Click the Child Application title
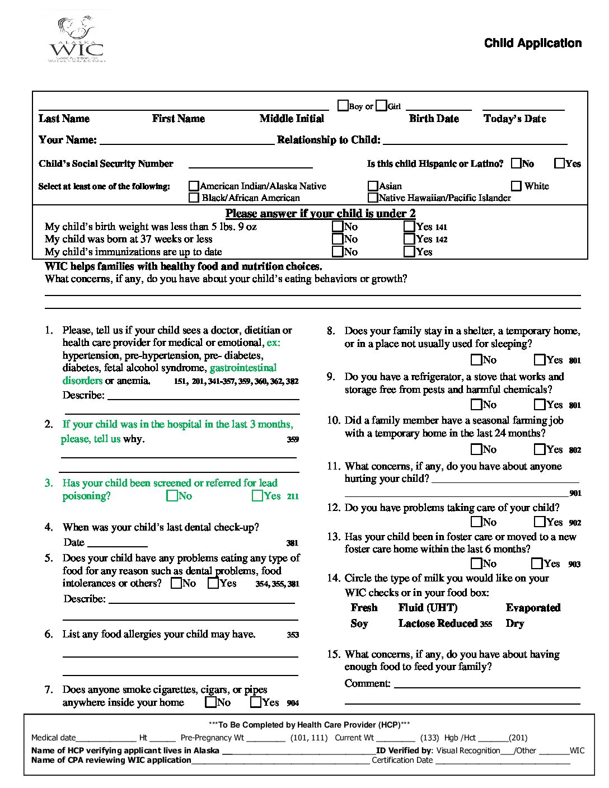[x=532, y=44]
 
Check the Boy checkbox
[x=343, y=105]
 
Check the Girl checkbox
[x=381, y=105]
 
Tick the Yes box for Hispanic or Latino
[x=559, y=163]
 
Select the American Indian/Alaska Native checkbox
[x=194, y=186]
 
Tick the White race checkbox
[x=516, y=186]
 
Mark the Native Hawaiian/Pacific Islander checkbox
[x=373, y=198]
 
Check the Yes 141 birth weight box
[x=409, y=227]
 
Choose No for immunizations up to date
[x=338, y=252]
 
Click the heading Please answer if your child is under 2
[x=320, y=213]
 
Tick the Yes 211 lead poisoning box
[x=257, y=496]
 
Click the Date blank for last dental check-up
[x=118, y=543]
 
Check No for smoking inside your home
[x=211, y=702]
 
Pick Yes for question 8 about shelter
[x=540, y=360]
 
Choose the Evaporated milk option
[x=533, y=608]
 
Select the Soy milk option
[x=359, y=623]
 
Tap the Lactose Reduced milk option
[x=438, y=623]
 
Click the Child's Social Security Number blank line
[x=250, y=165]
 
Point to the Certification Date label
[x=402, y=760]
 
